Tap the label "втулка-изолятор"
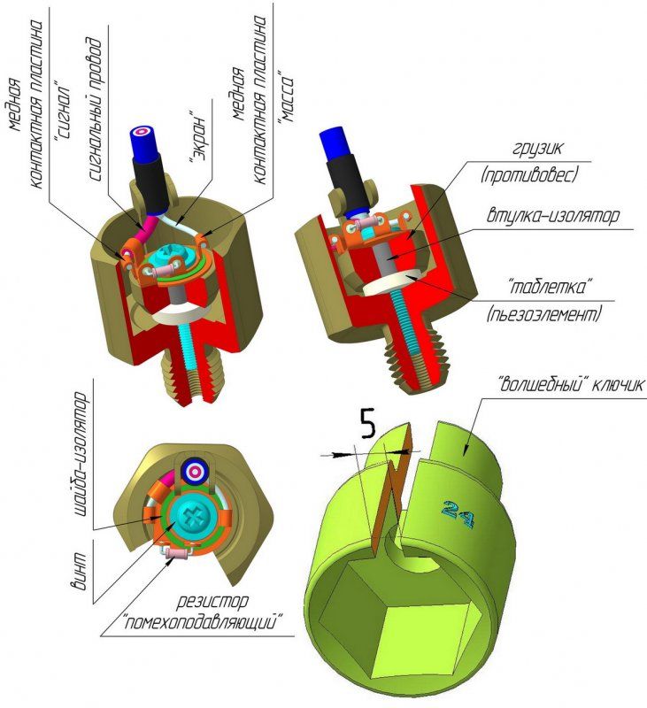(559, 216)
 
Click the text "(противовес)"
(528, 175)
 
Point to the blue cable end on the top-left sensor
(142, 137)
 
